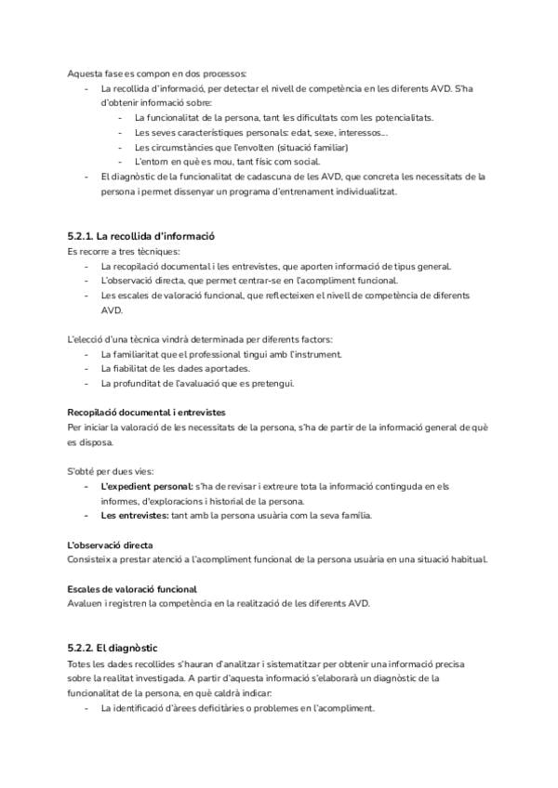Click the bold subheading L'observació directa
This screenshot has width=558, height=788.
click(x=111, y=545)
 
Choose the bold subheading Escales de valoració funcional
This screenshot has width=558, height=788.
click(x=132, y=589)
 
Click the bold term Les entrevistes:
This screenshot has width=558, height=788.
click(x=135, y=515)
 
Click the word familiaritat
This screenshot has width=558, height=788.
click(x=153, y=354)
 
